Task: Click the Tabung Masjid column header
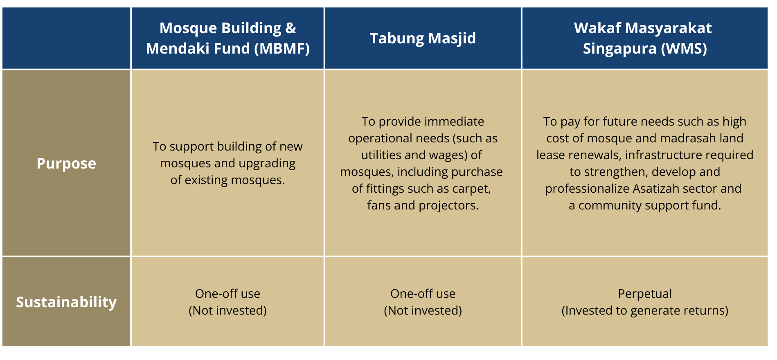[x=423, y=38]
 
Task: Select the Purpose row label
[x=66, y=164]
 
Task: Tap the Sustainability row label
[x=66, y=302]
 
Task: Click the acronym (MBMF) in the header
[x=282, y=49]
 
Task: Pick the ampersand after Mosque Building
[x=291, y=28]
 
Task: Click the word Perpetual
[x=645, y=294]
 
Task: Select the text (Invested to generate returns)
[x=645, y=310]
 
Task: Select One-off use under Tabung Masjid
[x=423, y=294]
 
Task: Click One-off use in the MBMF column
[x=227, y=294]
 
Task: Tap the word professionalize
[x=587, y=189]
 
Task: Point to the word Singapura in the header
[x=620, y=49]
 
